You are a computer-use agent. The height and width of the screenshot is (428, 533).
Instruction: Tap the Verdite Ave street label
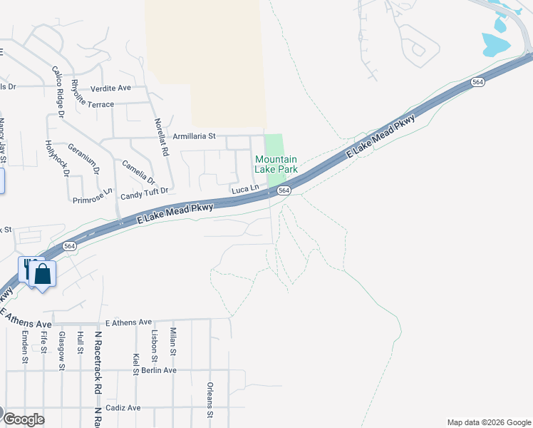(111, 88)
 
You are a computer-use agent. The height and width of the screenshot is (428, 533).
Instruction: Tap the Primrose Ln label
(93, 196)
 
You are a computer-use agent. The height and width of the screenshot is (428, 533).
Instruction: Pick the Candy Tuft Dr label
(145, 192)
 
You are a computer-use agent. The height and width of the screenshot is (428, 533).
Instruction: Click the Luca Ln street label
(244, 189)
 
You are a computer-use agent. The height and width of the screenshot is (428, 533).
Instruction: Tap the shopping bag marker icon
(43, 274)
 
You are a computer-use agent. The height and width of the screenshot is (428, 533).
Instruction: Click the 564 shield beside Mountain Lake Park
(284, 190)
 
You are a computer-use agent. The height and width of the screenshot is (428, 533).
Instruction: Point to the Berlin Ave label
(159, 370)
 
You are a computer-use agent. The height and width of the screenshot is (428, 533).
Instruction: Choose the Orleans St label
(209, 399)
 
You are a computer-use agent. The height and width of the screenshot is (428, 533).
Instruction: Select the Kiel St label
(135, 363)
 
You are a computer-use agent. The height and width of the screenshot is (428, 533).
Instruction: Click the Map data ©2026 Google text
(488, 422)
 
